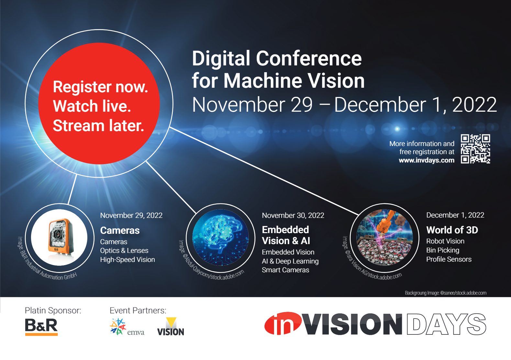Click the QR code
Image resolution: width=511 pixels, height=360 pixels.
click(x=475, y=149)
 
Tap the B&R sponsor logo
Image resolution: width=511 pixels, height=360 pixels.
click(x=41, y=326)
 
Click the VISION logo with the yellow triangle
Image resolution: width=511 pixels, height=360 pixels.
click(x=171, y=327)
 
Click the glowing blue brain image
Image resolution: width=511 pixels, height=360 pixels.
click(x=221, y=238)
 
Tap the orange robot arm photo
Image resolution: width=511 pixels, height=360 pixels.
click(x=384, y=238)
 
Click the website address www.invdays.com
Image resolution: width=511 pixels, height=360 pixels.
click(x=426, y=160)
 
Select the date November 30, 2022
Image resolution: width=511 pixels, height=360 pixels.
click(x=293, y=215)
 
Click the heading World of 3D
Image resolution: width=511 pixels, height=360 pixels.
click(x=452, y=230)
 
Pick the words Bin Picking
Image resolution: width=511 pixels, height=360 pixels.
click(x=442, y=250)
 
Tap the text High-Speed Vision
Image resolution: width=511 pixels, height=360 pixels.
click(x=127, y=260)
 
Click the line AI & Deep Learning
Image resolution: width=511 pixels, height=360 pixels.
click(x=290, y=261)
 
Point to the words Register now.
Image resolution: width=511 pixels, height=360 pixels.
click(x=100, y=87)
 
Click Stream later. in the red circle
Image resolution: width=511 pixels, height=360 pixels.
click(x=98, y=126)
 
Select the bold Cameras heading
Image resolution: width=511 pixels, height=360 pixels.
click(x=120, y=230)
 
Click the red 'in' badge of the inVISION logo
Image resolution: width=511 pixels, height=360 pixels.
click(x=282, y=324)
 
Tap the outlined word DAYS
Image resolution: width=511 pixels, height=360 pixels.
click(x=446, y=324)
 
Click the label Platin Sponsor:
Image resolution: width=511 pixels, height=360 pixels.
click(x=53, y=310)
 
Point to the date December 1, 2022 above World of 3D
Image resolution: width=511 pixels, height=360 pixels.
click(x=455, y=215)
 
